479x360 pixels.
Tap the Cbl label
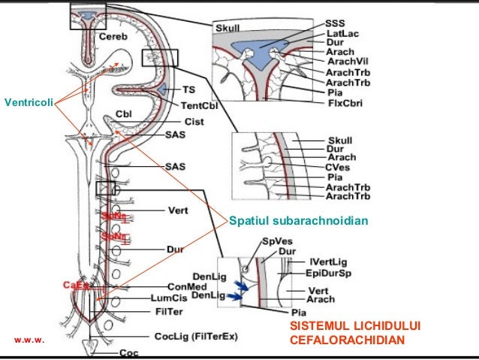(x=123, y=115)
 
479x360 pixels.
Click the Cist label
(x=193, y=120)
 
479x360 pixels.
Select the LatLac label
(x=342, y=34)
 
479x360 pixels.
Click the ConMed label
(x=183, y=286)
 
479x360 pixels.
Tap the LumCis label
(x=183, y=298)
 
